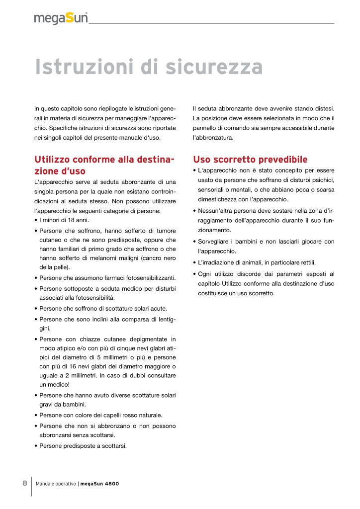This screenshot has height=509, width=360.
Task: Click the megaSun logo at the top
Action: coord(61,18)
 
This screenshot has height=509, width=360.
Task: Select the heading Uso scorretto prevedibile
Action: coord(250,160)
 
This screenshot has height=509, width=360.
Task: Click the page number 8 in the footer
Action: coord(25,483)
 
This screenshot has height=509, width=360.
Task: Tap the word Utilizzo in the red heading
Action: coord(53,160)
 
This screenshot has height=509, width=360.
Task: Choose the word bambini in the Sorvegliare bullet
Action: coord(254,242)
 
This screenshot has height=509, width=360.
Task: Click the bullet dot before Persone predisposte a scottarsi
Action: coord(36,446)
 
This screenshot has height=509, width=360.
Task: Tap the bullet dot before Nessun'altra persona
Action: coord(195,210)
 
